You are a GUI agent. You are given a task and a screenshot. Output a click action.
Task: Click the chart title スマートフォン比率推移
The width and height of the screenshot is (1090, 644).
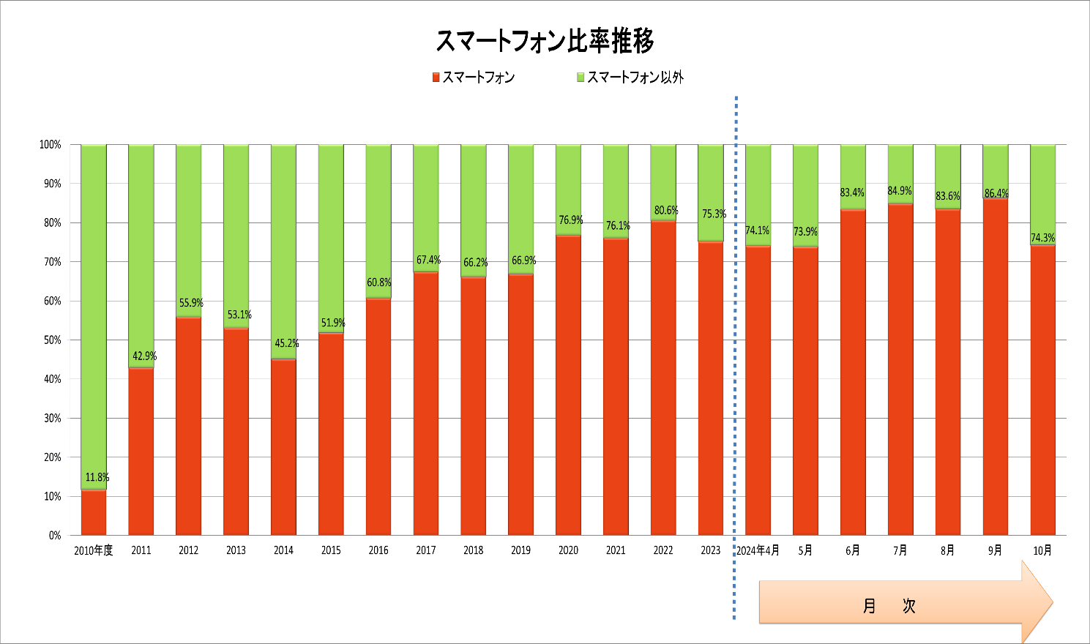(545, 41)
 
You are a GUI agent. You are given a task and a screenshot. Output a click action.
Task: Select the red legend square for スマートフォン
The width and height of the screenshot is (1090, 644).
(436, 78)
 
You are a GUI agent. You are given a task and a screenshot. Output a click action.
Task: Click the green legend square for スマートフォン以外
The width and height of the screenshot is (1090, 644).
(581, 78)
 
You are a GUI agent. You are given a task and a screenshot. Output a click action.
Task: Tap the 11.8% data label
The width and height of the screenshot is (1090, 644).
(97, 477)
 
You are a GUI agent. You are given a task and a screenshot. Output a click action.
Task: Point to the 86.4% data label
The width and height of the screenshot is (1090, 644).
(996, 193)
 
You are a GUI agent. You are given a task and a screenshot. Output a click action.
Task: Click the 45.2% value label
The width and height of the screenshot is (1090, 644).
(287, 343)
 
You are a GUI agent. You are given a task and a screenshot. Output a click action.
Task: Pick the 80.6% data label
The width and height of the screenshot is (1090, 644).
(666, 210)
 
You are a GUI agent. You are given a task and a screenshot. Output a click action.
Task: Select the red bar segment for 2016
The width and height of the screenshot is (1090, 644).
(378, 416)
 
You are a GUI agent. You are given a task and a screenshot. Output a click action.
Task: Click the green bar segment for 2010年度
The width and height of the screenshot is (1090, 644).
(94, 317)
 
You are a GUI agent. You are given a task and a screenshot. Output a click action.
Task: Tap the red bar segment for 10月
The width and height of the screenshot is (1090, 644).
(1043, 390)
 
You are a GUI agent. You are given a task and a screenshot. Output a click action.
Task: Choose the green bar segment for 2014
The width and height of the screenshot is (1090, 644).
(284, 252)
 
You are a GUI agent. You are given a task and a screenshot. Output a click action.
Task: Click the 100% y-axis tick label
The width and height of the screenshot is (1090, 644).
(50, 144)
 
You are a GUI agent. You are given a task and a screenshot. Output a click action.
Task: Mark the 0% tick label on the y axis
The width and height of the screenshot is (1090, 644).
(55, 536)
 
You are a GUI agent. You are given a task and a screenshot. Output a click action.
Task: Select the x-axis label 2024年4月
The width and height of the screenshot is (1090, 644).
(758, 550)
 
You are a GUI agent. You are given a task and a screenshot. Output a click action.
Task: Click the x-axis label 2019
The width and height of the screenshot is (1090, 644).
(520, 550)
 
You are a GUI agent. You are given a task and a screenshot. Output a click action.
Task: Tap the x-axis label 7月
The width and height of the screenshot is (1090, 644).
(900, 550)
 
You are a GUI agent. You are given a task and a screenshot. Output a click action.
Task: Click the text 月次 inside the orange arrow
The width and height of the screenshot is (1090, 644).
(889, 606)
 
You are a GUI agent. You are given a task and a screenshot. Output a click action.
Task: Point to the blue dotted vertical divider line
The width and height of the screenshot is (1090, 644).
(735, 358)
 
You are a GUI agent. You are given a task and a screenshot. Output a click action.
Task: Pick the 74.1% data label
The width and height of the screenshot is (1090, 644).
(757, 230)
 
